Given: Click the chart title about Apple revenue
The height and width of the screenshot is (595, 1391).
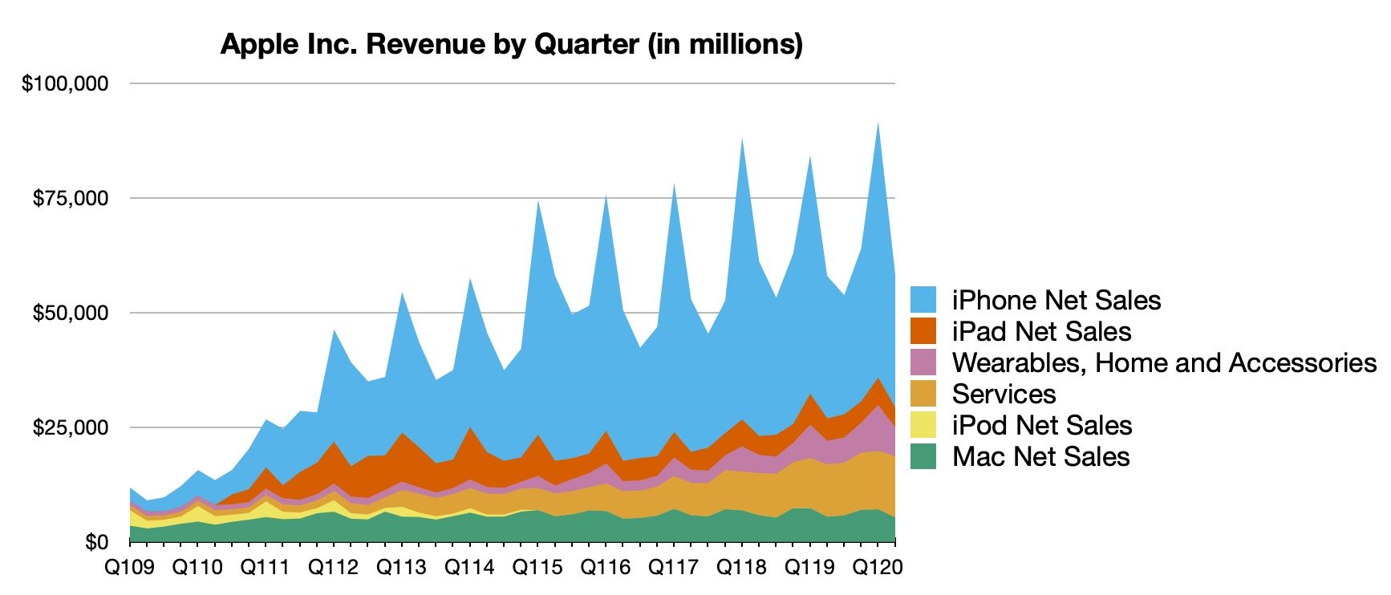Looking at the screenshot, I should click(x=512, y=44).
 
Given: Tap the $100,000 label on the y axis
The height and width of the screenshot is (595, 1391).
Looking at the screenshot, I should click(x=65, y=83).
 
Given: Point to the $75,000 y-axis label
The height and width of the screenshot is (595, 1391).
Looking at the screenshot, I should click(x=70, y=198).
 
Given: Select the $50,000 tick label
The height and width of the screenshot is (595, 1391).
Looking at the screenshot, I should click(x=70, y=313).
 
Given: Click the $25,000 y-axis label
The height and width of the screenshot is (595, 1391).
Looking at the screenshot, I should click(x=70, y=427).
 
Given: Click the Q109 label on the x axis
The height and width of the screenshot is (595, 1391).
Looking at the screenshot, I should click(x=130, y=568).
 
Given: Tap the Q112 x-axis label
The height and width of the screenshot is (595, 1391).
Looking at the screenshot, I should click(x=334, y=568).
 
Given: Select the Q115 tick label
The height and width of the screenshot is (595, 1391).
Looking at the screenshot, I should click(x=537, y=568).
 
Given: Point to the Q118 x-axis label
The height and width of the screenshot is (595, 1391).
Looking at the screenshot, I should click(x=741, y=568).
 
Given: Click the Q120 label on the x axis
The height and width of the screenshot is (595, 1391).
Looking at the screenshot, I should click(x=878, y=568).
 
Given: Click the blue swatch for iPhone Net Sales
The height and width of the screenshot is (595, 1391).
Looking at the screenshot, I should click(x=923, y=300).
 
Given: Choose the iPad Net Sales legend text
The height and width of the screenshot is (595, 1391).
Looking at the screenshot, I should click(x=1041, y=331).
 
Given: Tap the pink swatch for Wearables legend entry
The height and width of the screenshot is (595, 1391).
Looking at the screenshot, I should click(x=923, y=362).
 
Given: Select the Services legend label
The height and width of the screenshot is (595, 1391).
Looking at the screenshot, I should click(x=1004, y=394).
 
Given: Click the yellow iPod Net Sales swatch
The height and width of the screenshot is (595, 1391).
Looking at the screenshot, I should click(x=923, y=425).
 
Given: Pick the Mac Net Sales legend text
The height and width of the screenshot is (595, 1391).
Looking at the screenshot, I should click(x=1040, y=456).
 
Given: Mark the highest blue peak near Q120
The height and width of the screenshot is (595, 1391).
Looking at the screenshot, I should click(x=878, y=123).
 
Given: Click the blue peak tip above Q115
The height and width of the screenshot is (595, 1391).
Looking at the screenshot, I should click(x=537, y=201).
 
